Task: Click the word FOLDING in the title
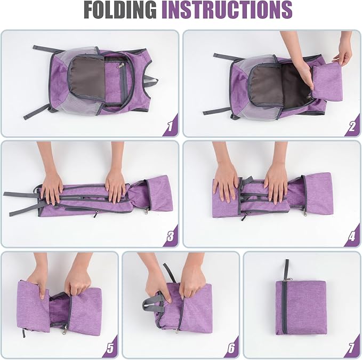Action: tap(120, 10)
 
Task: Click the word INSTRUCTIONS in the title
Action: tap(227, 10)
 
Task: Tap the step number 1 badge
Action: tap(171, 126)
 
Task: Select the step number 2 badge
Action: tap(352, 126)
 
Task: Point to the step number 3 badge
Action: tap(171, 236)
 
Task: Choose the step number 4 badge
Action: tap(352, 236)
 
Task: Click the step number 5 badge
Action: tap(110, 348)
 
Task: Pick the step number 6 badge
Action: tap(231, 348)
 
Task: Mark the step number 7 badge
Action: tap(352, 348)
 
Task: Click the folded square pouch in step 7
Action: tap(301, 308)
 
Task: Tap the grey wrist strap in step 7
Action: tap(286, 269)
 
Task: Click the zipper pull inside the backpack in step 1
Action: tap(120, 66)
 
